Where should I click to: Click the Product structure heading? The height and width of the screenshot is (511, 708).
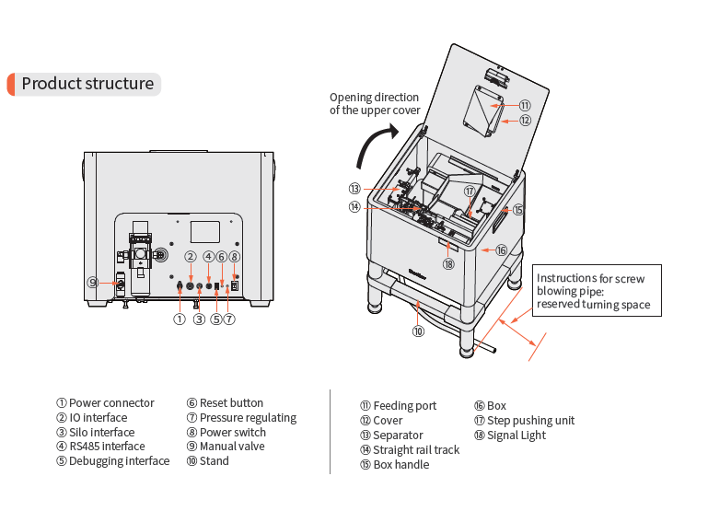[87, 84]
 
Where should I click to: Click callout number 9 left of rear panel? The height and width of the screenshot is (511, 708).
[93, 283]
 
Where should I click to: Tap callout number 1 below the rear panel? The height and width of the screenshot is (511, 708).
[180, 319]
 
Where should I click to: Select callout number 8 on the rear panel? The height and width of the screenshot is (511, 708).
[235, 256]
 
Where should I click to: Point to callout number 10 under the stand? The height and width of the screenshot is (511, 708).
[418, 331]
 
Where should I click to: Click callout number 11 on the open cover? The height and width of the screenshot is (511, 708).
[524, 106]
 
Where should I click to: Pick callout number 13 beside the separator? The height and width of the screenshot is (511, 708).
[354, 188]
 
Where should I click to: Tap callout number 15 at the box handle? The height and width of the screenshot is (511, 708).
[518, 210]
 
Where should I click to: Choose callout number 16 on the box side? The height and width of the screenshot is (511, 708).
[501, 250]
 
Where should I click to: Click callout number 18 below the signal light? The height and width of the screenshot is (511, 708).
[448, 263]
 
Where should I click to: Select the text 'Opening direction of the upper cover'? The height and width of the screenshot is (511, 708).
[374, 103]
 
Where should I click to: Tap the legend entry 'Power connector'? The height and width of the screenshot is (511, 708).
[106, 403]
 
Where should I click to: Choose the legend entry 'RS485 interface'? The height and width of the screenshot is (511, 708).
[100, 447]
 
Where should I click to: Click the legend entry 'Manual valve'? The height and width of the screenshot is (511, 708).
[225, 447]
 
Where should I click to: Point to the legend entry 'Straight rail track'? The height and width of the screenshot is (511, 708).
[410, 450]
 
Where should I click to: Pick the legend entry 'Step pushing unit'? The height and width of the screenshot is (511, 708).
[524, 421]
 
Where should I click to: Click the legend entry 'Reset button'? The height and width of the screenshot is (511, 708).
[225, 403]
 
